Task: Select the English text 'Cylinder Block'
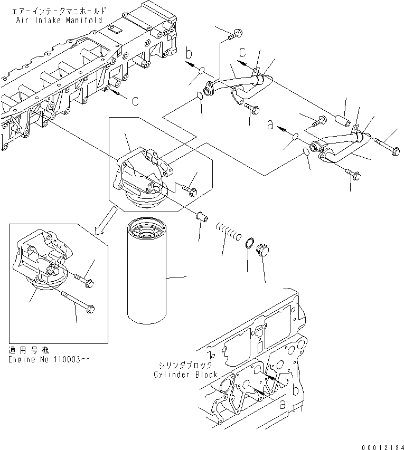(x=185, y=375)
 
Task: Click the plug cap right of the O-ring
(x=262, y=250)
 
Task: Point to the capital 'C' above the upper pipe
(x=242, y=52)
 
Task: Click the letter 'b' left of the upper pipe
(x=189, y=54)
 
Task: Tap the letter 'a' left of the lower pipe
(x=271, y=126)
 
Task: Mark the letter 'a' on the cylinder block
(x=283, y=405)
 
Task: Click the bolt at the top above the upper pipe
(x=235, y=35)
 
